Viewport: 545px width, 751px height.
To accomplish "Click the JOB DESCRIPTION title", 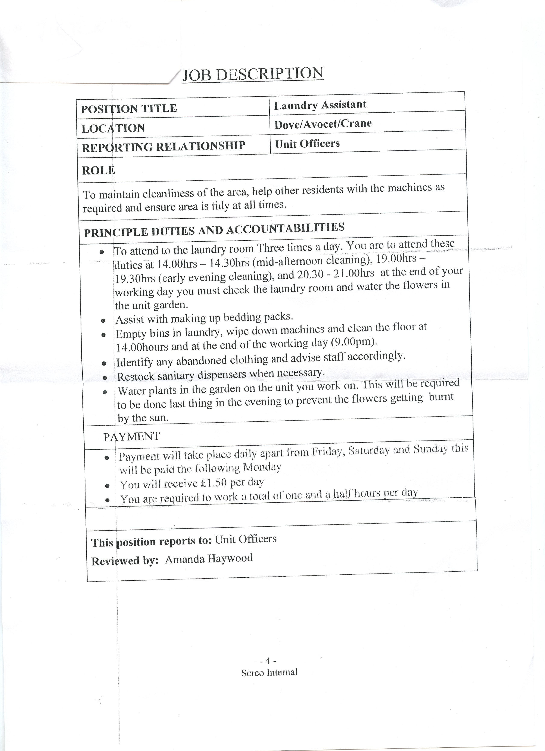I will click(253, 74).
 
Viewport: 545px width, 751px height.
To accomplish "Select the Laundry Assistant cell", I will click(320, 105).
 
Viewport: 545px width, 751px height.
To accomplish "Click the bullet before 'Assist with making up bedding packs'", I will click(103, 321).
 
